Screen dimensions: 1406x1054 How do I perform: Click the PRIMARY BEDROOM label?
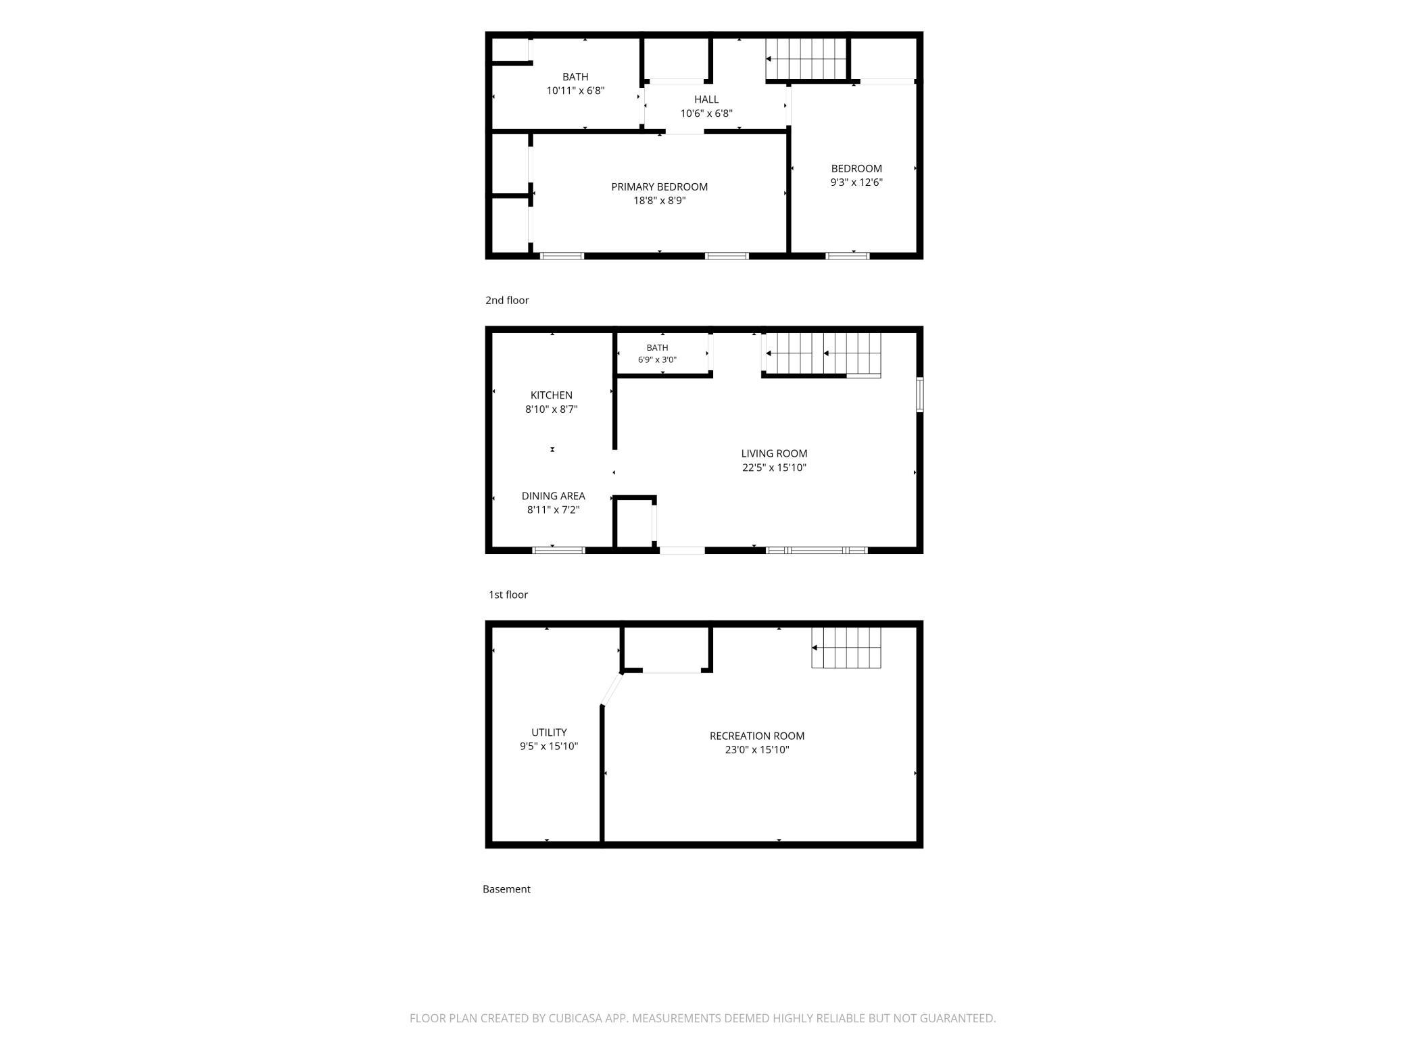click(x=659, y=187)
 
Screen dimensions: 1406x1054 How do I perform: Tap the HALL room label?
click(x=706, y=99)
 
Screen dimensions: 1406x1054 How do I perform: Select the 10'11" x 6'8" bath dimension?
click(x=575, y=91)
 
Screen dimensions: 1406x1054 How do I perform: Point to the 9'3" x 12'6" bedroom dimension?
click(x=856, y=182)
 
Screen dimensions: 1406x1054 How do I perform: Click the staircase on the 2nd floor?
click(x=806, y=59)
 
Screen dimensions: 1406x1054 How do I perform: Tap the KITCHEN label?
click(x=552, y=395)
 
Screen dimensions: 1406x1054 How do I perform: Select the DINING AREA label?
click(x=553, y=496)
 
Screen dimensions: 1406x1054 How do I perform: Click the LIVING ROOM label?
click(x=774, y=453)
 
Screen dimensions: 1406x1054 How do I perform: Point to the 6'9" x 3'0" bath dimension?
click(x=657, y=360)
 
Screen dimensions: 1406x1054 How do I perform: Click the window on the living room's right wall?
click(x=920, y=395)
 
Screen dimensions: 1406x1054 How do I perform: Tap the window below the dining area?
click(x=559, y=551)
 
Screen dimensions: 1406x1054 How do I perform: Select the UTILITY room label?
click(x=549, y=732)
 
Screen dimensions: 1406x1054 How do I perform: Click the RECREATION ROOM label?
click(x=757, y=736)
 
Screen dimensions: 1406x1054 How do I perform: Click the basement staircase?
click(x=846, y=648)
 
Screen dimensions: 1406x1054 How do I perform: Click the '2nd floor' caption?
click(x=507, y=301)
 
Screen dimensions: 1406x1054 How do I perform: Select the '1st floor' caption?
click(x=508, y=595)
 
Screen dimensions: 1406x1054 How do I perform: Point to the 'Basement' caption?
click(x=506, y=889)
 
